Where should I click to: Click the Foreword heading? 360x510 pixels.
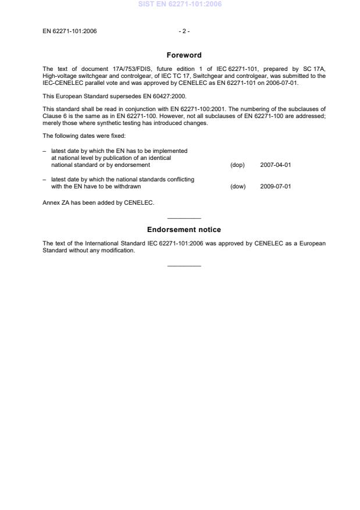point(184,55)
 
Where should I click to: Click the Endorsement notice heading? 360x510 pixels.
point(184,230)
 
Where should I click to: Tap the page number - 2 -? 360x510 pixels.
point(184,31)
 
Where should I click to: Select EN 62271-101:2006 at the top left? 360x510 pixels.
point(70,31)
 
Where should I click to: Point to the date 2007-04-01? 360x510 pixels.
point(276,165)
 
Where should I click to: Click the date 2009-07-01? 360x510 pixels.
point(276,187)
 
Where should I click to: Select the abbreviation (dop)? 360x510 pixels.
point(237,165)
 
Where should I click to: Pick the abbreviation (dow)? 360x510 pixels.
point(238,187)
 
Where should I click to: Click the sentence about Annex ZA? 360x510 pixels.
point(98,202)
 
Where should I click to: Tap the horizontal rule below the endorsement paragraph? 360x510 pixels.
point(184,266)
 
